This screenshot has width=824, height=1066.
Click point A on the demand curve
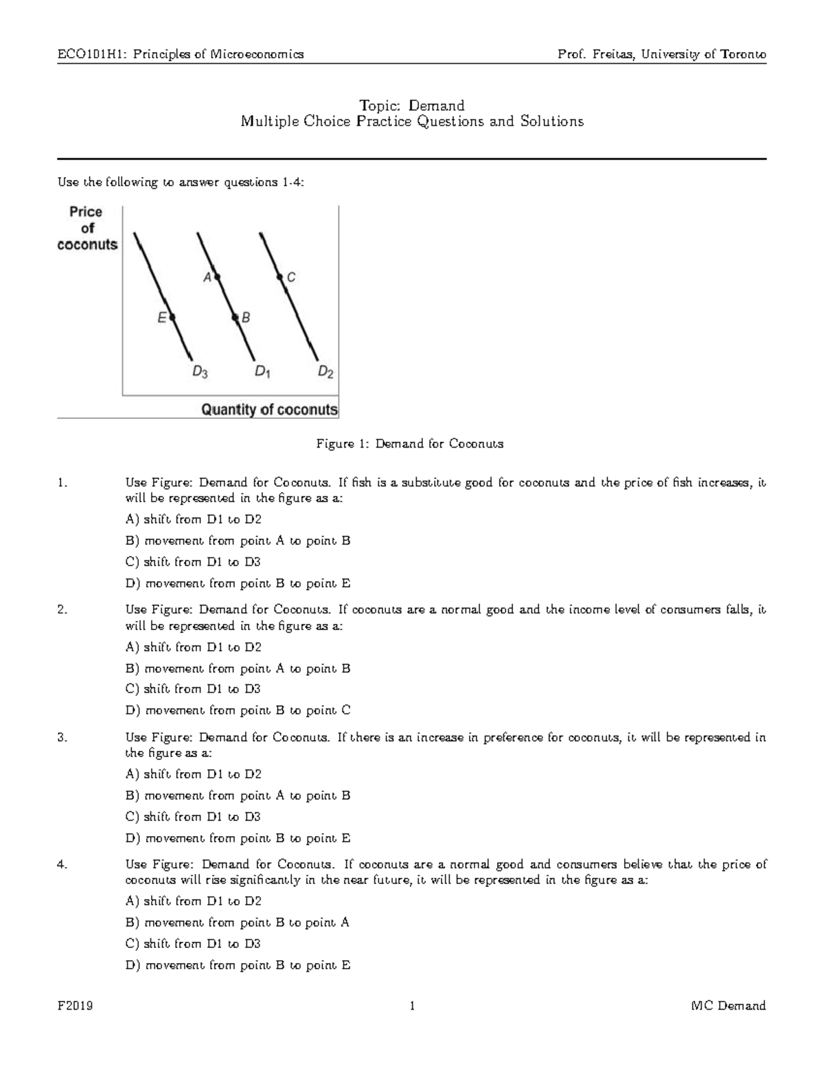pyautogui.click(x=216, y=277)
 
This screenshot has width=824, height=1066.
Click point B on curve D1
pyautogui.click(x=235, y=317)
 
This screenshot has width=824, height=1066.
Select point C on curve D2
pyautogui.click(x=280, y=277)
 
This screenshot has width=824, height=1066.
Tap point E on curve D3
pyautogui.click(x=172, y=317)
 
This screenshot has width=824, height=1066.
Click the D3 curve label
pyautogui.click(x=200, y=373)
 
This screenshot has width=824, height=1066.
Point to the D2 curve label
pyautogui.click(x=325, y=373)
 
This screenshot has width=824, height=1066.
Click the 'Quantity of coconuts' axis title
pyautogui.click(x=269, y=410)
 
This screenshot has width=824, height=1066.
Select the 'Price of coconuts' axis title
pyautogui.click(x=87, y=229)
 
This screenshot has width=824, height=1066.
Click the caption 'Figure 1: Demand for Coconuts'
pyautogui.click(x=410, y=444)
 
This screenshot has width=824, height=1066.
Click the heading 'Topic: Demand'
pyautogui.click(x=412, y=106)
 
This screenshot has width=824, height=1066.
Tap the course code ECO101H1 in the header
pyautogui.click(x=90, y=54)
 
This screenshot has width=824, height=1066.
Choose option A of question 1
pyautogui.click(x=194, y=520)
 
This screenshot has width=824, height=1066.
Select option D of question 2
pyautogui.click(x=238, y=710)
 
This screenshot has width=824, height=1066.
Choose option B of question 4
pyautogui.click(x=238, y=923)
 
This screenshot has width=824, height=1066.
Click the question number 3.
pyautogui.click(x=62, y=738)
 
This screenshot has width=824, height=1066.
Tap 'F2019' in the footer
pyautogui.click(x=76, y=1006)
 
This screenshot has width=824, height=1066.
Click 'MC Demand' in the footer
pyautogui.click(x=729, y=1006)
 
